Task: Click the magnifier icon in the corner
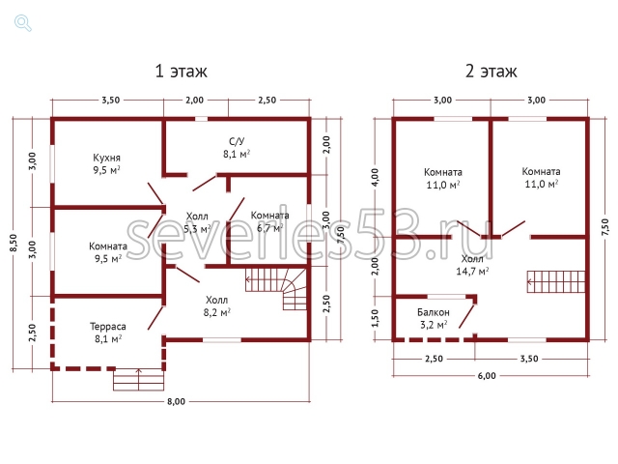[x=23, y=23]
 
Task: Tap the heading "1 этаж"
[x=181, y=72]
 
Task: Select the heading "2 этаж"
[x=491, y=72]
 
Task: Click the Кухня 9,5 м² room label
[x=107, y=163]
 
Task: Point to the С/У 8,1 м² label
[x=237, y=148]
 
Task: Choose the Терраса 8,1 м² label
[x=108, y=333]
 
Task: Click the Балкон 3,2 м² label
[x=434, y=318]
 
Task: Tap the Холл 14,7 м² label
[x=472, y=265]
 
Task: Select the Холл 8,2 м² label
[x=216, y=306]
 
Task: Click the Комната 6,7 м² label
[x=270, y=221]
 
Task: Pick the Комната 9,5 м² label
[x=108, y=252]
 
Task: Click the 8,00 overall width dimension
[x=176, y=402]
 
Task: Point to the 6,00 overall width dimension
[x=487, y=376]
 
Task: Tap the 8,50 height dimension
[x=14, y=244]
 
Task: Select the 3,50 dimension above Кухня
[x=111, y=101]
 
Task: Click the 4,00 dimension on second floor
[x=375, y=178]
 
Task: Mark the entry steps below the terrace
[x=138, y=380]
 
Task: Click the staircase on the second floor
[x=556, y=281]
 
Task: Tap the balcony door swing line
[x=467, y=315]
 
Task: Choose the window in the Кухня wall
[x=51, y=163]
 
